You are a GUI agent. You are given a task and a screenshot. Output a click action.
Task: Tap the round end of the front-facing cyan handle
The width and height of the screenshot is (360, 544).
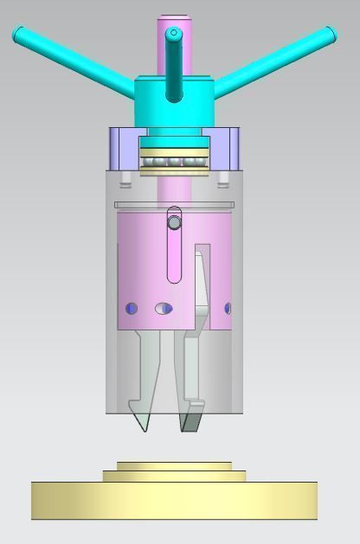174,35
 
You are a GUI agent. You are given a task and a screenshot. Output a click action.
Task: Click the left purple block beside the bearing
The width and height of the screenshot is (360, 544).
123,149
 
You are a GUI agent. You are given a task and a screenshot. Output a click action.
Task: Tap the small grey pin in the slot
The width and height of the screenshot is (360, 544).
174,223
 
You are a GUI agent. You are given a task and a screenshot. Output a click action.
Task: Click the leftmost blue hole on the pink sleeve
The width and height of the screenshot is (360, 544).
132,309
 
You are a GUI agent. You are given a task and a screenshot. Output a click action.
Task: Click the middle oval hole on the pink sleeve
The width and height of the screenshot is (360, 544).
164,309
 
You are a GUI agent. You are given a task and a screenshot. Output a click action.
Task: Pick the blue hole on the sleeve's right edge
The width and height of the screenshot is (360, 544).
228,309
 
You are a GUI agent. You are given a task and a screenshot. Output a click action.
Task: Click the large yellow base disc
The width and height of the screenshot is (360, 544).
174,502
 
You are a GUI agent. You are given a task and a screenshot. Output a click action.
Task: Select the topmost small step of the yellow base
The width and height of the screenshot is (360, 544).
174,466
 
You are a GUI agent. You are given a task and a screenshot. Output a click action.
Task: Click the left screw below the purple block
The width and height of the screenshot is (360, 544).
126,181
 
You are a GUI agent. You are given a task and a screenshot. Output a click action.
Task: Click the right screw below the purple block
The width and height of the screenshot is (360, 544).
222,181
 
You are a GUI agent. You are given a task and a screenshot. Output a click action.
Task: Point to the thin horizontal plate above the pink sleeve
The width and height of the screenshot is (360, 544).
174,205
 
